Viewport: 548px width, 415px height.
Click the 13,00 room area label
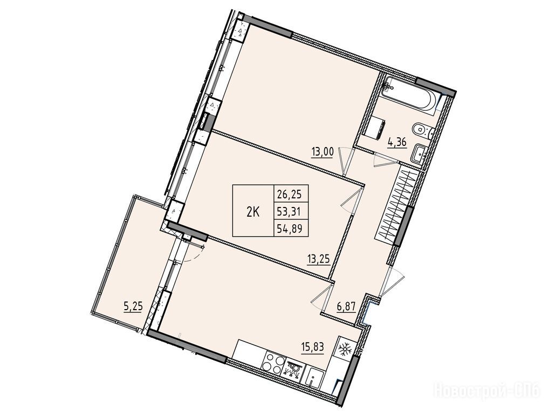pos(323,152)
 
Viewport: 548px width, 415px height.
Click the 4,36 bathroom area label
pos(396,143)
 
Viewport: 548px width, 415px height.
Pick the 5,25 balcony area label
pos(134,306)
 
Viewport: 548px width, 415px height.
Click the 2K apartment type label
pos(253,212)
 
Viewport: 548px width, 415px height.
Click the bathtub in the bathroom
pos(408,95)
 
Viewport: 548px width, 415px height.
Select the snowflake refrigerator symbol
pos(344,348)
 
